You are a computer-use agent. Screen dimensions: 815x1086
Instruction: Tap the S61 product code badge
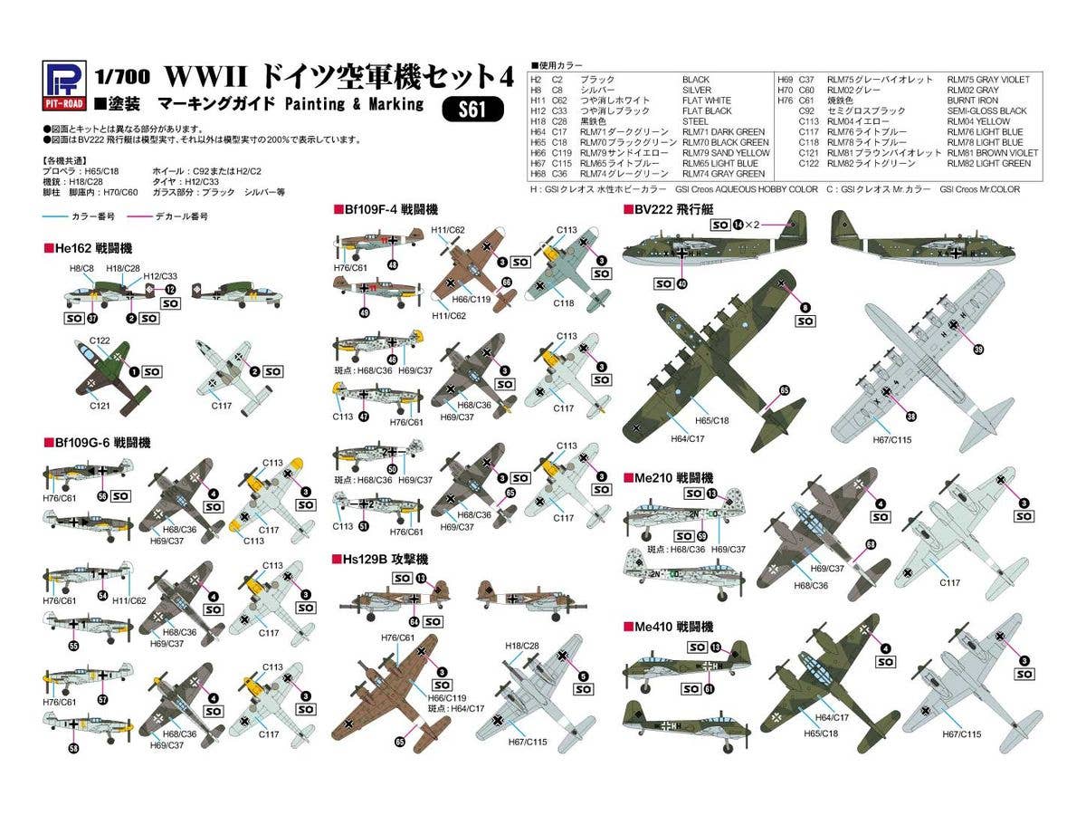[x=472, y=110]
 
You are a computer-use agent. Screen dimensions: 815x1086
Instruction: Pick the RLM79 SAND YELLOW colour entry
[x=725, y=153]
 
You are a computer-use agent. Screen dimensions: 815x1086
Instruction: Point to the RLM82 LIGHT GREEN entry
[x=988, y=163]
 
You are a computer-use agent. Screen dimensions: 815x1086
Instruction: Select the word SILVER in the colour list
[x=697, y=91]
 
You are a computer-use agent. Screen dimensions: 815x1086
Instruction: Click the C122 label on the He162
[x=100, y=340]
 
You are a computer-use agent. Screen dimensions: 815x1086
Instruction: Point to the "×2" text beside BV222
[x=755, y=224]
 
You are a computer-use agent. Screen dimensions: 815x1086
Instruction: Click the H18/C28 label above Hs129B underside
[x=522, y=644]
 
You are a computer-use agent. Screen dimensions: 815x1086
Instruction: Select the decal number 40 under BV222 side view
[x=681, y=283]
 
